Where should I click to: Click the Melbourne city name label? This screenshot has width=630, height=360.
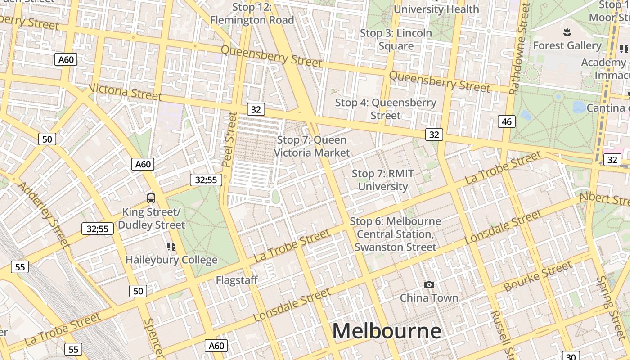coord(387,331)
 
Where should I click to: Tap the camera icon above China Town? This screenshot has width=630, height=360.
coord(429,284)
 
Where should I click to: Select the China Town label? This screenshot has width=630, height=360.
coord(429,298)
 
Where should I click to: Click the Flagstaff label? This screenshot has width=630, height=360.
coord(237,280)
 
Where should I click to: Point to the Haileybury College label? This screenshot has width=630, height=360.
coord(171,260)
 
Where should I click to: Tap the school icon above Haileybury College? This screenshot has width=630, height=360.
coord(171,246)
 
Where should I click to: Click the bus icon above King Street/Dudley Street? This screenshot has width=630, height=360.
coord(151,198)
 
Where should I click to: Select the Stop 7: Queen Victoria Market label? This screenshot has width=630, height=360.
coord(312,146)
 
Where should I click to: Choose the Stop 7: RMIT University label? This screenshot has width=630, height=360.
coord(382,180)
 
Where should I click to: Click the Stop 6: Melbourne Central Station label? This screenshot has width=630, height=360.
coord(395,234)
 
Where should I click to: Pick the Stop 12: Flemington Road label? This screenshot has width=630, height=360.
coord(252,13)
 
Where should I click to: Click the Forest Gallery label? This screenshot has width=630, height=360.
coord(567,45)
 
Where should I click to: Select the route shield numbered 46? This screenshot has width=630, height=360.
coord(507,121)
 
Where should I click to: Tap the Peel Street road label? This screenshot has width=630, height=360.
coord(230,139)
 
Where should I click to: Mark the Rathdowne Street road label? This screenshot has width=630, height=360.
coord(519,49)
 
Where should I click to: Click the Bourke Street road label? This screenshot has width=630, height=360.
coord(538,276)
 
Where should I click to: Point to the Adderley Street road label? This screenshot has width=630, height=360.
coord(43,215)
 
